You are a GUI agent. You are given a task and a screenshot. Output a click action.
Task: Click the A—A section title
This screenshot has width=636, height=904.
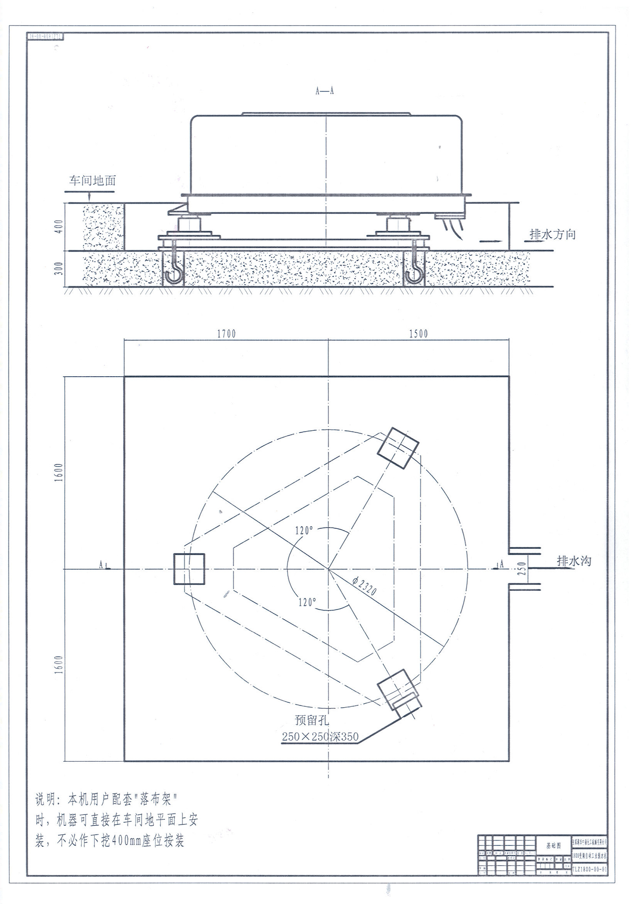(325, 91)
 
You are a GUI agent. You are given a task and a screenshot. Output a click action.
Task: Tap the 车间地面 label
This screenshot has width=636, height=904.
(92, 181)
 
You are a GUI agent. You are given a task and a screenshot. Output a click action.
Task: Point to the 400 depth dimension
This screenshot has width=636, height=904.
(59, 227)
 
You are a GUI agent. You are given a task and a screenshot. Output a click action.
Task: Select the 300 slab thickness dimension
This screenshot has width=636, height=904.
(59, 268)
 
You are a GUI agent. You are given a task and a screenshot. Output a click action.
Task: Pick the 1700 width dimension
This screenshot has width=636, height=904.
(226, 334)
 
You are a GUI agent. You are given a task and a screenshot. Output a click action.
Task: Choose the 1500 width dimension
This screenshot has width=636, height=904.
(418, 334)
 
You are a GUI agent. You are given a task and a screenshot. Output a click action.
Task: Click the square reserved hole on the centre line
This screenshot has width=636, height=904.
(189, 569)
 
